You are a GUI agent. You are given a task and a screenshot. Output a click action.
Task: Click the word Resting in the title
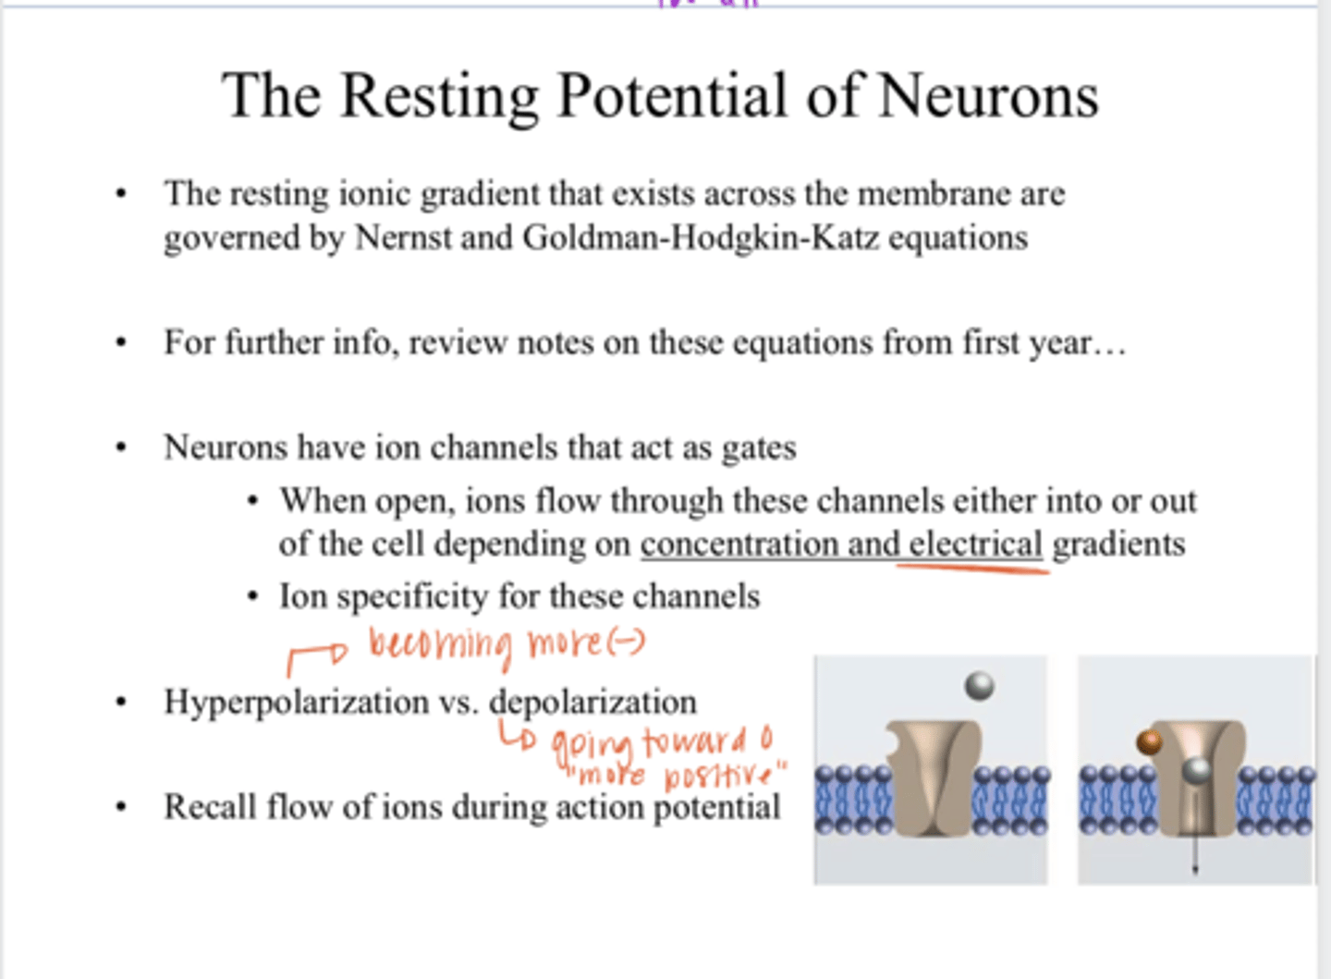click(439, 97)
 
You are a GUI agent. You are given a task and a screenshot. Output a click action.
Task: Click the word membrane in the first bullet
click(934, 194)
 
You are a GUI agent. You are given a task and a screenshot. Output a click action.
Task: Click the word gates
click(758, 448)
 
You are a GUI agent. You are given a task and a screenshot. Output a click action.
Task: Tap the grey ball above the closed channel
click(979, 686)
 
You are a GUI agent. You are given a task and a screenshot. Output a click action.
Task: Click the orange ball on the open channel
click(1149, 742)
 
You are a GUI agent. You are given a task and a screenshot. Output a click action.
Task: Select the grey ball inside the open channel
click(1196, 770)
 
